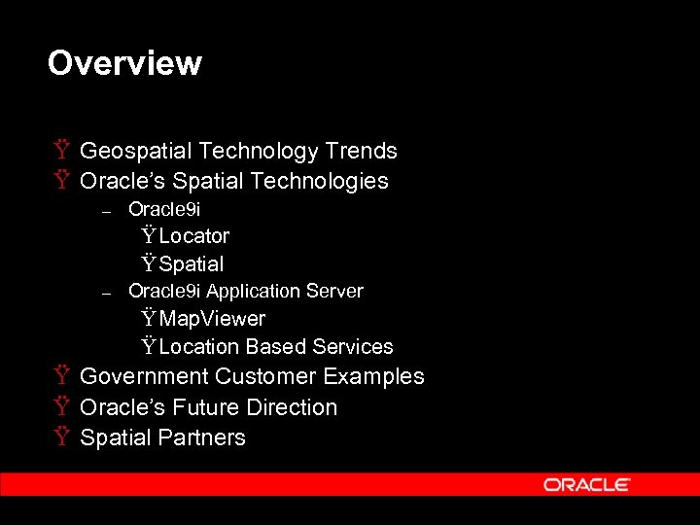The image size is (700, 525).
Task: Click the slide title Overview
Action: [x=124, y=63]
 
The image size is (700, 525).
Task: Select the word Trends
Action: [x=361, y=151]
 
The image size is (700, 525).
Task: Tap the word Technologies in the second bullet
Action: [x=319, y=182]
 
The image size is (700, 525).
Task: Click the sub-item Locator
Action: [x=193, y=236]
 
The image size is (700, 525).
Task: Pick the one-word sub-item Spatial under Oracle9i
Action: [x=192, y=264]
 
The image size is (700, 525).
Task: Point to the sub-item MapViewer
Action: [x=212, y=319]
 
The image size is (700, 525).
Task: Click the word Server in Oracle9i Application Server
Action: [x=333, y=292]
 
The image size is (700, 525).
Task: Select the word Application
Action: [x=253, y=292]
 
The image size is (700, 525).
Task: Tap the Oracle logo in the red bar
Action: [x=587, y=484]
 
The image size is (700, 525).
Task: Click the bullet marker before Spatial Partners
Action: [x=61, y=437]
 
